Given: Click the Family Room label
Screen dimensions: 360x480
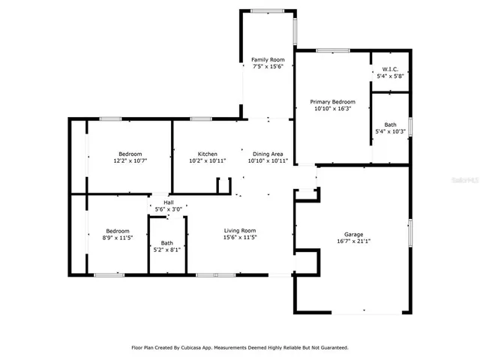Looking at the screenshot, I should coord(268,59).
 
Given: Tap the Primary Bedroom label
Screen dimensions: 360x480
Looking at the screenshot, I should coord(333,101).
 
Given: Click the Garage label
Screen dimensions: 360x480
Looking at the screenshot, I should coord(353,234).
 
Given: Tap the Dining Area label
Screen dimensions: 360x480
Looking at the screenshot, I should coord(268,153).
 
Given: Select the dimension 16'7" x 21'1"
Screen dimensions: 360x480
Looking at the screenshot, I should coord(353,241).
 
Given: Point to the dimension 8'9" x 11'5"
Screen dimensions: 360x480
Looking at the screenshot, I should coord(118,238).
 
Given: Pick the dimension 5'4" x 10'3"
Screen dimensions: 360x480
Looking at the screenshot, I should coord(390,132).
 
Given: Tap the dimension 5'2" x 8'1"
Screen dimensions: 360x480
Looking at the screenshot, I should coord(166,250).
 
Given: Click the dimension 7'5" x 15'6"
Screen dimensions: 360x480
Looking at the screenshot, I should coord(268,67).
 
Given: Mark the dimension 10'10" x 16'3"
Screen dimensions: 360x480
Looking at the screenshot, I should coord(333,109).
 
